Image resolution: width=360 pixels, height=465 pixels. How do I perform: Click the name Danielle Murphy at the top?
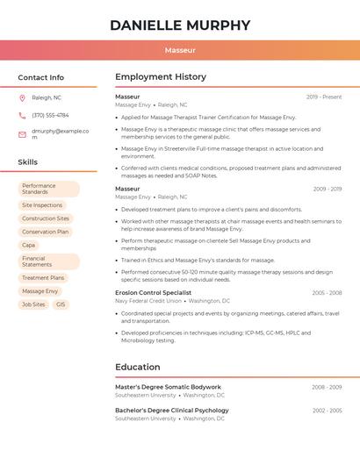point(180,25)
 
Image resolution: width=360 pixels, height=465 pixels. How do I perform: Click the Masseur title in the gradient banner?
point(180,51)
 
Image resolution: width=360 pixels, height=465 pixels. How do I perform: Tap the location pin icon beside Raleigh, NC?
point(22,97)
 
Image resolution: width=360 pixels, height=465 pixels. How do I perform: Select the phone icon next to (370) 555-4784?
point(22,115)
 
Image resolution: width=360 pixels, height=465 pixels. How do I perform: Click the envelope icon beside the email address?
point(22,133)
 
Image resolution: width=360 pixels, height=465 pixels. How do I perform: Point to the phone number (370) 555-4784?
point(50,115)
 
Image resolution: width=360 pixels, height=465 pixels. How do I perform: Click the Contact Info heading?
point(40,77)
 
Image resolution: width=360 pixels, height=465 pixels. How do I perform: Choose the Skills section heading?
point(28,162)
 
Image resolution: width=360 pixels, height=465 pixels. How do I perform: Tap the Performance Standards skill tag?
point(48,189)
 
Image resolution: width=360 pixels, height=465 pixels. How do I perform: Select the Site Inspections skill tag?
point(42,205)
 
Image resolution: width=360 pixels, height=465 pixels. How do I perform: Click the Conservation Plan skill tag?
point(45,232)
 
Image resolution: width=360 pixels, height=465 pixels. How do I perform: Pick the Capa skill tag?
point(29,245)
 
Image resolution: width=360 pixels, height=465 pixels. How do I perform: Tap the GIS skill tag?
point(61,304)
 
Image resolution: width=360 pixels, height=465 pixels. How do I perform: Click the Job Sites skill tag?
point(33,304)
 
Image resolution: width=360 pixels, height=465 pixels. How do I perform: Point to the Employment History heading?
point(161,77)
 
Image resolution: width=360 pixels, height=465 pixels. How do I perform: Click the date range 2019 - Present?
point(324,97)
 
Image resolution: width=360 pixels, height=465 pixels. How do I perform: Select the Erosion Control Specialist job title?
point(153,292)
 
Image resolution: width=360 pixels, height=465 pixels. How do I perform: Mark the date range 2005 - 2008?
point(327,292)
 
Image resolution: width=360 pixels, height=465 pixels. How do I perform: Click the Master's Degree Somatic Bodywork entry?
point(168,387)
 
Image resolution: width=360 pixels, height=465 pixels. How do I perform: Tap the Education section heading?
point(138,367)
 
